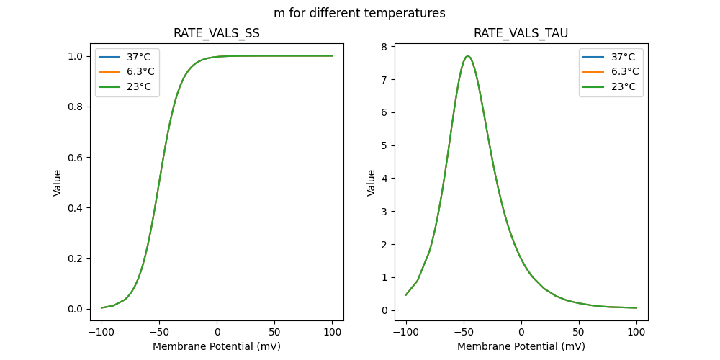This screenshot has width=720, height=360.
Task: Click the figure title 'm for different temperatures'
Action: coord(359,13)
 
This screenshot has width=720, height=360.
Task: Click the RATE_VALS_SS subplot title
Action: coord(217,33)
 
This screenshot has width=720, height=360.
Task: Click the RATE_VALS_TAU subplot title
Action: coord(521,33)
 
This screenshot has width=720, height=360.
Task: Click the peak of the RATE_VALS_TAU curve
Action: coord(468,55)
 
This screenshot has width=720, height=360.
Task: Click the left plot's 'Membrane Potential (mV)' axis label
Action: coord(217,346)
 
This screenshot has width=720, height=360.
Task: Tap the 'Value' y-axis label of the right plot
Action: coord(372,183)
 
